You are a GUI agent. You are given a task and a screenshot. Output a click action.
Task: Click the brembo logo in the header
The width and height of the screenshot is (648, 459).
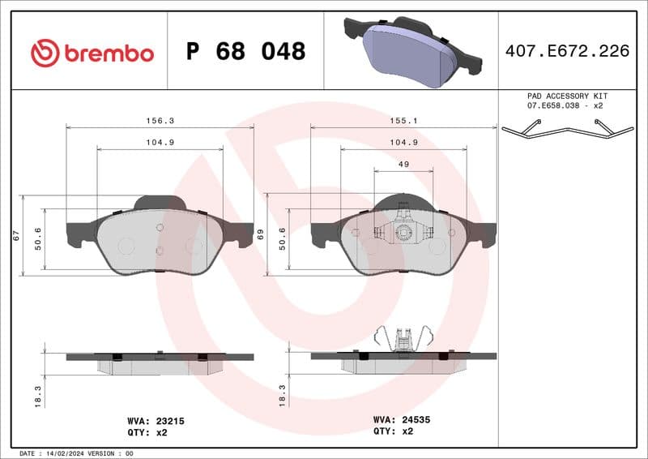[x=92, y=53]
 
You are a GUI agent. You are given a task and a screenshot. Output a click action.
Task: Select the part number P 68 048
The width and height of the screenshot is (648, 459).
[x=245, y=52]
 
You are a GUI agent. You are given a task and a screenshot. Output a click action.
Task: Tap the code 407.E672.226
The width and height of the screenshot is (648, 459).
[x=567, y=52]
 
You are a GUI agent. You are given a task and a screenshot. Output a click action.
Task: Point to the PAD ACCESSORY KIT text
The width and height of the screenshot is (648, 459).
[x=566, y=96]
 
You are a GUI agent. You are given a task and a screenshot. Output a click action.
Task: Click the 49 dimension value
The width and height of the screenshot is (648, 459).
[x=403, y=164]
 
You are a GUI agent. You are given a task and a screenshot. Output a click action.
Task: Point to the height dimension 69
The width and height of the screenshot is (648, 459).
[x=260, y=234]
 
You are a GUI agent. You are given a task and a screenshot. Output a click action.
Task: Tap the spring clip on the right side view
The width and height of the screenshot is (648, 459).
[x=403, y=339]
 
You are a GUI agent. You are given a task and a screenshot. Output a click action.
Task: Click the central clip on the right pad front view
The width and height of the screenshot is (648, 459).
[x=403, y=232]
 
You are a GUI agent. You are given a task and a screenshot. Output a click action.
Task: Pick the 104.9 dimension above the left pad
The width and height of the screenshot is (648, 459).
[x=160, y=142]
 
